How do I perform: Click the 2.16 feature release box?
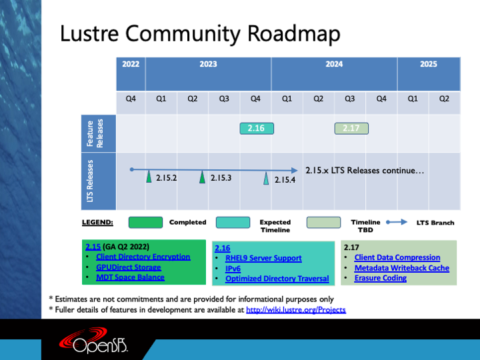point(257,128)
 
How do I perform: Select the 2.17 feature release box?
point(351,128)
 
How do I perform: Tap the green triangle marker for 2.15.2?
point(149,177)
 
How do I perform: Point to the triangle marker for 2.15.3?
point(202,177)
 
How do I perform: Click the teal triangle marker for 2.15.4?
point(266,179)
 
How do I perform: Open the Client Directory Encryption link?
point(143,257)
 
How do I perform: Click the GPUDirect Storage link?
point(128,267)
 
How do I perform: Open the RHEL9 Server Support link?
point(263,258)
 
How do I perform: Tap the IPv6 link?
point(233,269)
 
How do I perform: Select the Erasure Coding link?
point(381,278)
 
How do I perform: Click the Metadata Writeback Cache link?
point(401,268)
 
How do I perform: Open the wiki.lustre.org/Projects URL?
point(296,310)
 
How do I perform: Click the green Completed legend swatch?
point(145,223)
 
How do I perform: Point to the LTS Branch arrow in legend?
point(397,222)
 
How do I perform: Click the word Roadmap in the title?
point(293,33)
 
